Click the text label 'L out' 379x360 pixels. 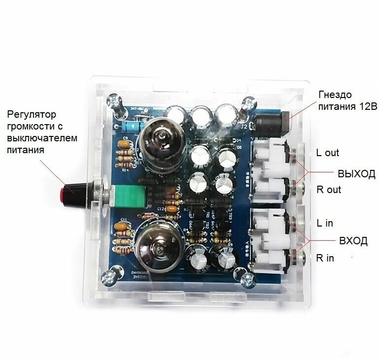[328, 153]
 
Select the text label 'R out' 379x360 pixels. [329, 190]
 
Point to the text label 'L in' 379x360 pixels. [325, 223]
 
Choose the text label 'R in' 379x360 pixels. [326, 258]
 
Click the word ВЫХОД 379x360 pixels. [356, 174]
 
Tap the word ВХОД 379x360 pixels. [353, 241]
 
